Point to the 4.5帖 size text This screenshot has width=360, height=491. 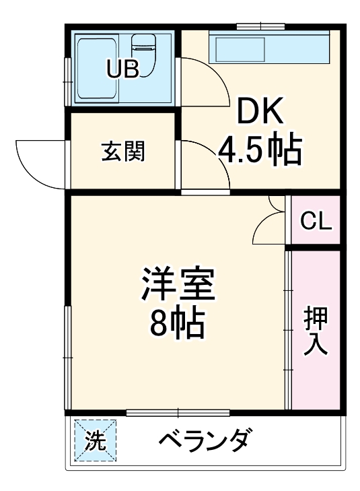point(258,152)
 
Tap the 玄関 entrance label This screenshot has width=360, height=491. point(123,152)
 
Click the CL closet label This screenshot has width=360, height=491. point(316,221)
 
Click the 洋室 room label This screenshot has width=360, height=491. point(178,287)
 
